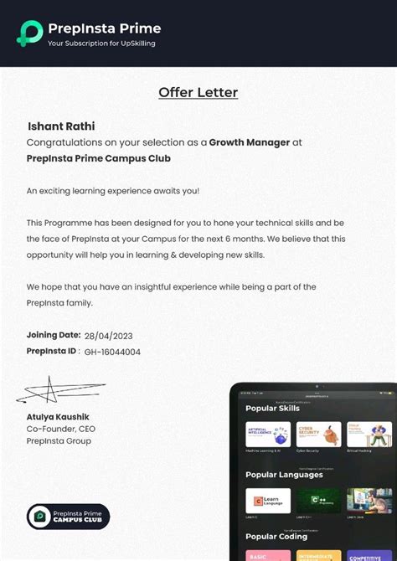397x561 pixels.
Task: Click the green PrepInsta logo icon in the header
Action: [x=30, y=32]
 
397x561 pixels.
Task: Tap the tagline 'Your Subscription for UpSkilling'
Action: [x=101, y=43]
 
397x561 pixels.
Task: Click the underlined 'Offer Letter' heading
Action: [x=198, y=93]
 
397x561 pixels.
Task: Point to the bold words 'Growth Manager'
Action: [x=250, y=142]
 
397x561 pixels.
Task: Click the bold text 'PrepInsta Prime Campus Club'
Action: [x=98, y=158]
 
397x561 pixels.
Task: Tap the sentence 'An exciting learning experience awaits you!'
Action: [x=113, y=191]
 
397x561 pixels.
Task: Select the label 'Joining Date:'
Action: [x=54, y=335]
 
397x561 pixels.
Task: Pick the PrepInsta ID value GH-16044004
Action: [x=112, y=352]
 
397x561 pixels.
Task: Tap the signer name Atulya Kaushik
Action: [x=57, y=416]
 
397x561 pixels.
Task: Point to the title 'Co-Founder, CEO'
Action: [x=60, y=429]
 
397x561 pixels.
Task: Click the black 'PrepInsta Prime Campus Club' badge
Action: [x=68, y=517]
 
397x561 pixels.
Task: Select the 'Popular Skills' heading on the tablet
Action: [x=272, y=409]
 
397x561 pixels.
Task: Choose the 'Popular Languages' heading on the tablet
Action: [x=284, y=475]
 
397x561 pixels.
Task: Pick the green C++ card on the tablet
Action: [x=318, y=500]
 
